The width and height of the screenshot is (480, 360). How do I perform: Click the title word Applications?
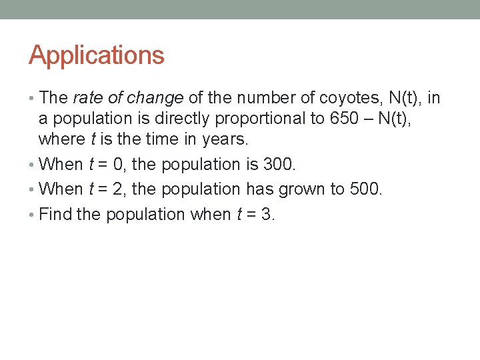(96, 55)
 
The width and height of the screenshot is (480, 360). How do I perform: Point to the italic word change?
(155, 98)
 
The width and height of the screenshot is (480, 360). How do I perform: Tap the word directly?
(194, 119)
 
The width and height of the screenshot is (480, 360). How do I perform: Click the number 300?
(274, 164)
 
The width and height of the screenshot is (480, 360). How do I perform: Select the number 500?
(365, 189)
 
